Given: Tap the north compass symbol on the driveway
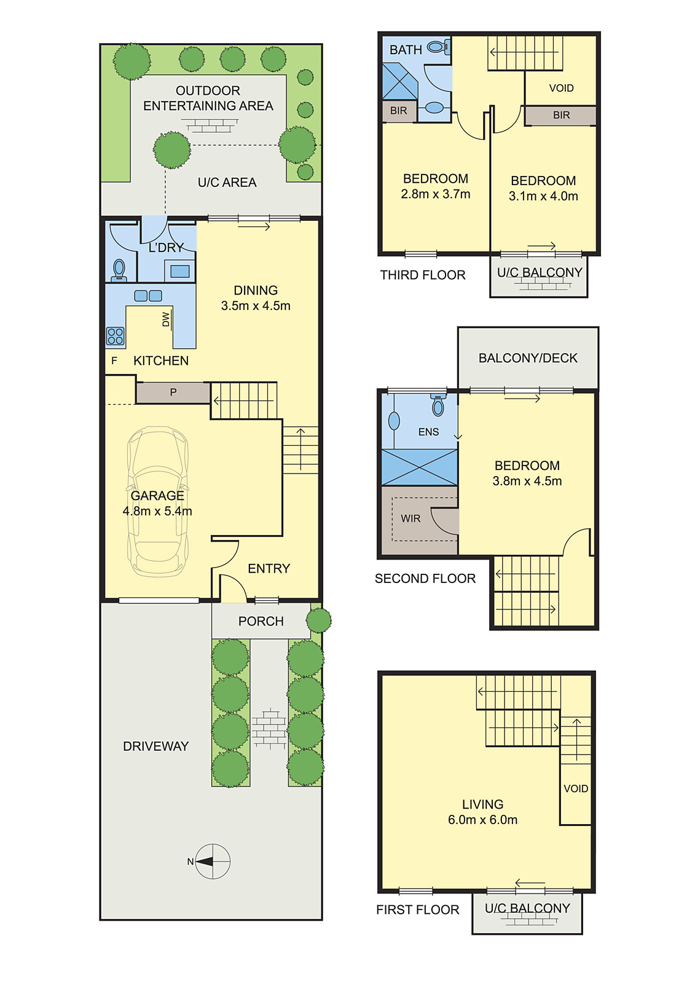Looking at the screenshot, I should click(x=212, y=861).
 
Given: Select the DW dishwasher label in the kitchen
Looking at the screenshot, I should click(x=166, y=320).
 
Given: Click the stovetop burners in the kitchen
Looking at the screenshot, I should click(x=116, y=336).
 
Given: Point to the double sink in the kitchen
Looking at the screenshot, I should click(x=148, y=296).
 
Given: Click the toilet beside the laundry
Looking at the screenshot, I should click(x=119, y=269).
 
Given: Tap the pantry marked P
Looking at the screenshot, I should click(x=173, y=392).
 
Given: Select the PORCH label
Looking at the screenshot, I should click(x=261, y=621).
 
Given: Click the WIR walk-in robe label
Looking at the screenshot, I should click(x=410, y=518).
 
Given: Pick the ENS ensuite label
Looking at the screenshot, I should click(x=428, y=432).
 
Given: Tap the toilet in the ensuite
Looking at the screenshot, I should click(x=438, y=405).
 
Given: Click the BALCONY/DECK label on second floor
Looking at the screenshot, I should click(x=528, y=358).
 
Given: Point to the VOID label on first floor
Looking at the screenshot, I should click(x=576, y=788).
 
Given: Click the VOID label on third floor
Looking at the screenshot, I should click(x=561, y=88).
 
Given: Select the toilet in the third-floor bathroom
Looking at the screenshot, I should click(x=438, y=47).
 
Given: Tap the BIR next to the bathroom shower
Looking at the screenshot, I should click(x=398, y=111).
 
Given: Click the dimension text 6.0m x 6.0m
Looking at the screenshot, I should click(x=482, y=820).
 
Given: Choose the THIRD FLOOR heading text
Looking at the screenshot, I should click(x=422, y=275).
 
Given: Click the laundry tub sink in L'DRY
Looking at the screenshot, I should click(x=180, y=271).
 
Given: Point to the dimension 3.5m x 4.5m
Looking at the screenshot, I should click(x=256, y=306).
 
